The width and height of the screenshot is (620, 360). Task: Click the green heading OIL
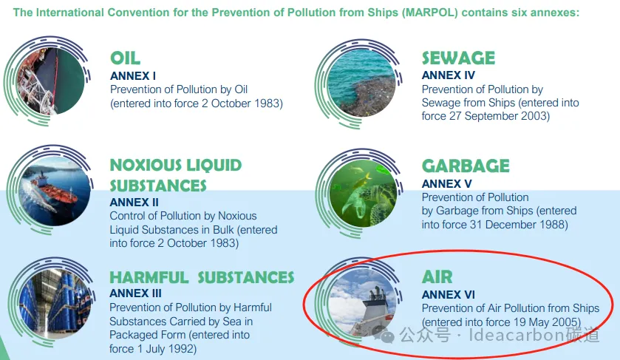pos(125,58)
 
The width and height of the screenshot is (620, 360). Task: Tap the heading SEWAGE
pos(458,58)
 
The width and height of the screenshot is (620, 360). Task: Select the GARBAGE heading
pos(466,166)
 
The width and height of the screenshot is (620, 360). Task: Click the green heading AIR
pos(437,277)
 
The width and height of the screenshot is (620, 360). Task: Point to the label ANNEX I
pos(133,75)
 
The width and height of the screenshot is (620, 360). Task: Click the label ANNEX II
pos(134,202)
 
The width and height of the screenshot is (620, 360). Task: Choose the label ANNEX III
pos(135,293)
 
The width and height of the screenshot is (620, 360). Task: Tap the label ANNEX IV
pos(448,75)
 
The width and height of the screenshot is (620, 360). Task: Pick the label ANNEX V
pos(446,183)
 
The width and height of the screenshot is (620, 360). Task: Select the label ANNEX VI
pos(448,295)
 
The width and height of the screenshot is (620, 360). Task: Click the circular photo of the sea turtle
pos(363,194)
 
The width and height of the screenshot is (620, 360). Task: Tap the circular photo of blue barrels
pos(55,304)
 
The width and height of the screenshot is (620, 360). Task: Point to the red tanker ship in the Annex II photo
pos(55,191)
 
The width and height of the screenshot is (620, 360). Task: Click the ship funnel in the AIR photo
pos(376,295)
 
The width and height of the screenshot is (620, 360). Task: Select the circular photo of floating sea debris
pos(361,83)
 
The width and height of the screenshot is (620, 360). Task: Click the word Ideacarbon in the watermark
pos(517,335)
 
